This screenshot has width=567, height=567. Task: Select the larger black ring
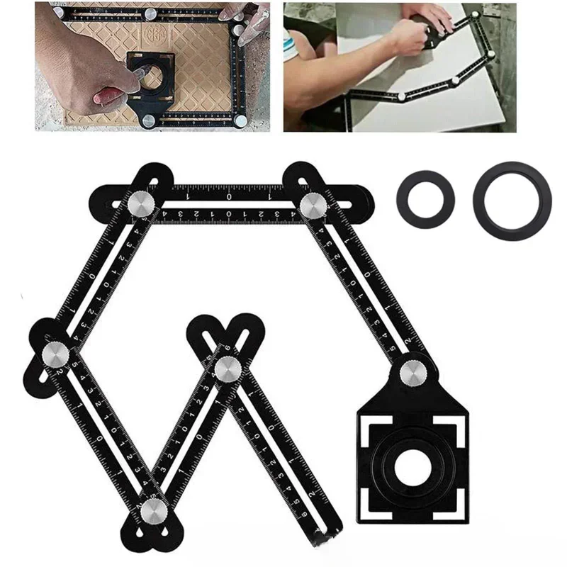512,201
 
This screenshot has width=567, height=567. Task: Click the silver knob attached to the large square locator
411,374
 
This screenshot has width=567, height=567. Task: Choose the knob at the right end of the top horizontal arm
312,206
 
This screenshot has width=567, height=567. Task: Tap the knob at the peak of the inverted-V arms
228,368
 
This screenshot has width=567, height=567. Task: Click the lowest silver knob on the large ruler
152,510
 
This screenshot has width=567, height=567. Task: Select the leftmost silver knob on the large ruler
55,353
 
